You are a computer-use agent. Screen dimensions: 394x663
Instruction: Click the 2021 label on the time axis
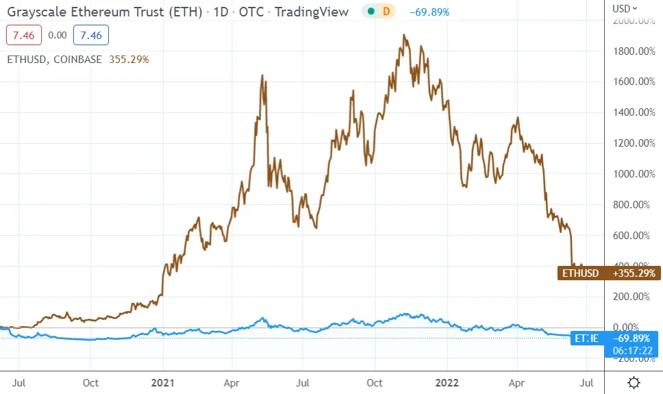coord(162,382)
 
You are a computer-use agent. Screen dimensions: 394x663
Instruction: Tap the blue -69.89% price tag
coord(634,337)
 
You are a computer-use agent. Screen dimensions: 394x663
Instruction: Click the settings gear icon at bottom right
coord(634,382)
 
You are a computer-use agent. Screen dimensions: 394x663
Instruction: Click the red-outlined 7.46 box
coord(24,35)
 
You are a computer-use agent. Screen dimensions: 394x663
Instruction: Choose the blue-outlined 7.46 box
coord(90,35)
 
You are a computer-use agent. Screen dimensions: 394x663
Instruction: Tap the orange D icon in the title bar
coord(386,12)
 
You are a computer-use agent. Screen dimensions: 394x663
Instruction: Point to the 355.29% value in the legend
coord(129,60)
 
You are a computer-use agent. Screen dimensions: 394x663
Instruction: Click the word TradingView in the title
coord(312,12)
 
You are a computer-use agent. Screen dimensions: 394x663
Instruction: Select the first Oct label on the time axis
coord(90,382)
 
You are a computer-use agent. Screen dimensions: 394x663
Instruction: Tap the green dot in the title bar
coord(371,12)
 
